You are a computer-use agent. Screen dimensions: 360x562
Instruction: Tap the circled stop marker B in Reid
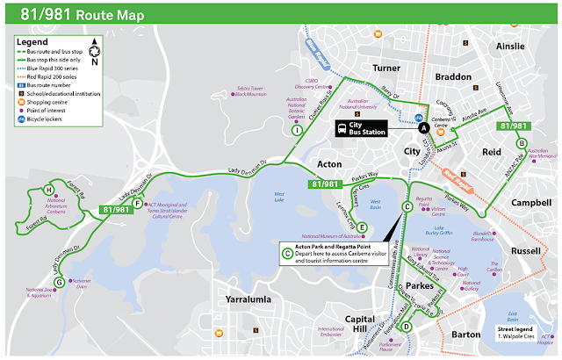522,143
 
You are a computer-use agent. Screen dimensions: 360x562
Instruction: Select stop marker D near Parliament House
406,328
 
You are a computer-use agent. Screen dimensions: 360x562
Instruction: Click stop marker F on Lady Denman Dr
137,204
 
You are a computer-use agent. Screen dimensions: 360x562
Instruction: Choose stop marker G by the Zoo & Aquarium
59,282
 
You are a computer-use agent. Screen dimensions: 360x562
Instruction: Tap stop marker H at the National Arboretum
49,191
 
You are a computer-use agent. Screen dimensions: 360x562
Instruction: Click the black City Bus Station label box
364,128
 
